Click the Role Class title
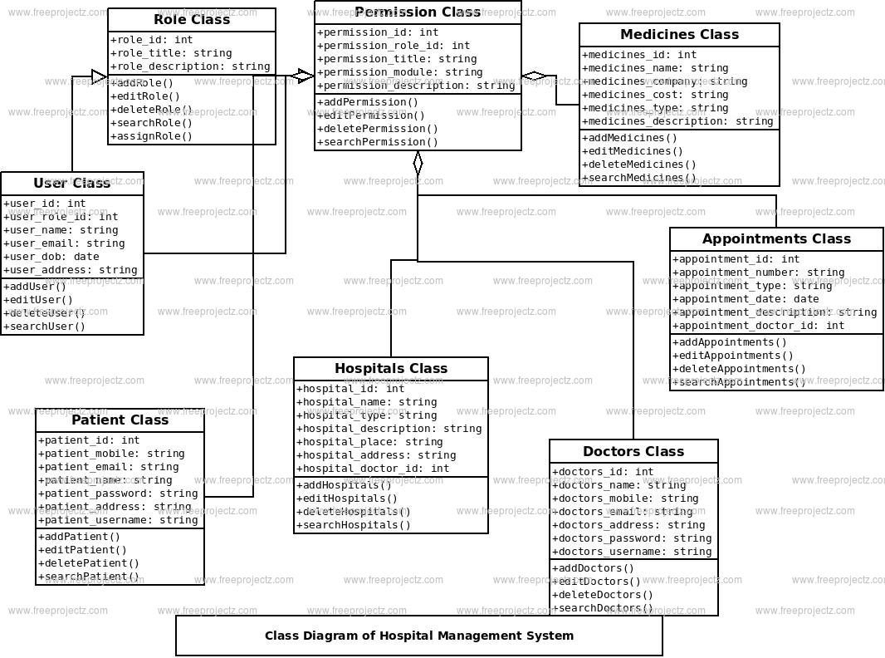[192, 20]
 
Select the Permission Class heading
[418, 12]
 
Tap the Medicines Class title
[679, 35]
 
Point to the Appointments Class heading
[776, 239]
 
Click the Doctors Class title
[633, 452]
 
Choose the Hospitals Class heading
[391, 369]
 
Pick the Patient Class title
[120, 420]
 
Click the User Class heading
[72, 184]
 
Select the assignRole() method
[151, 136]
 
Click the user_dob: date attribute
[51, 257]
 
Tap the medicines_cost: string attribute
[655, 95]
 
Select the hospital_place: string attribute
[370, 442]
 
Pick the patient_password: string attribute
[118, 493]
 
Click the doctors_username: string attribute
[632, 552]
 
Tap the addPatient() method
[80, 537]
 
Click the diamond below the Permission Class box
[418, 163]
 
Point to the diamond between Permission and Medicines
[534, 76]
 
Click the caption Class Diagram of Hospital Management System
[419, 636]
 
